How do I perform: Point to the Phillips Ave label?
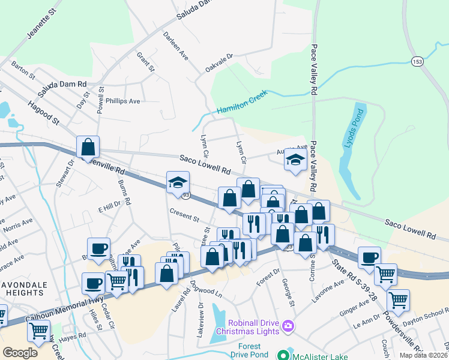click(x=122, y=101)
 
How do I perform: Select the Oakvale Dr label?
click(x=218, y=65)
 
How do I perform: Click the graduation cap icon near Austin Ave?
click(x=295, y=160)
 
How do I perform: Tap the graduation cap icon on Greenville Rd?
click(x=178, y=182)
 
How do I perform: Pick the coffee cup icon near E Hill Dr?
click(x=98, y=248)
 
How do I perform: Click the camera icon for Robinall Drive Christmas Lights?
click(x=289, y=326)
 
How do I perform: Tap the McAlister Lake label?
click(x=317, y=356)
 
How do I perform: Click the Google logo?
click(x=20, y=352)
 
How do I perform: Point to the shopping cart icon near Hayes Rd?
click(x=38, y=329)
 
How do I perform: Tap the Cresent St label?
click(x=184, y=214)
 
